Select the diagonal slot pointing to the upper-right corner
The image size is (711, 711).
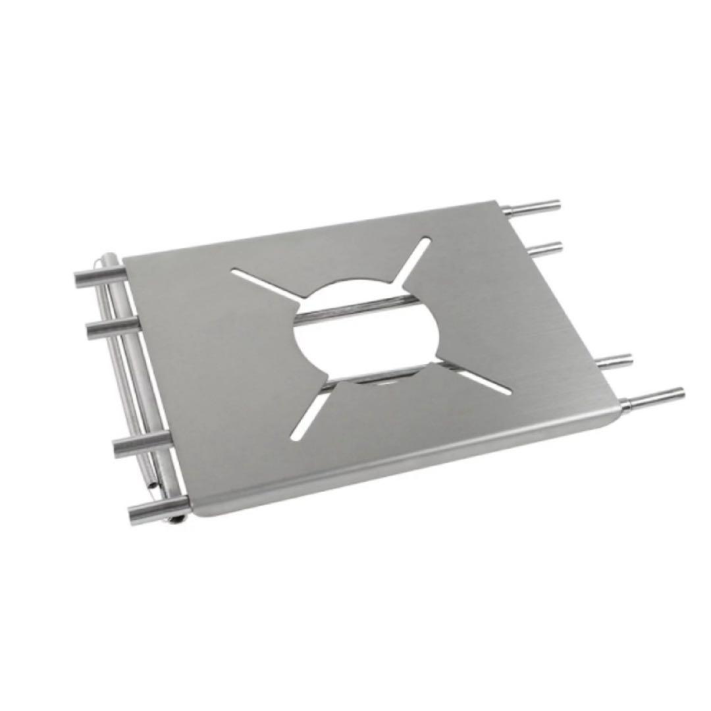(415, 260)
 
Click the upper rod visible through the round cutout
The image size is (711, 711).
(359, 306)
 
